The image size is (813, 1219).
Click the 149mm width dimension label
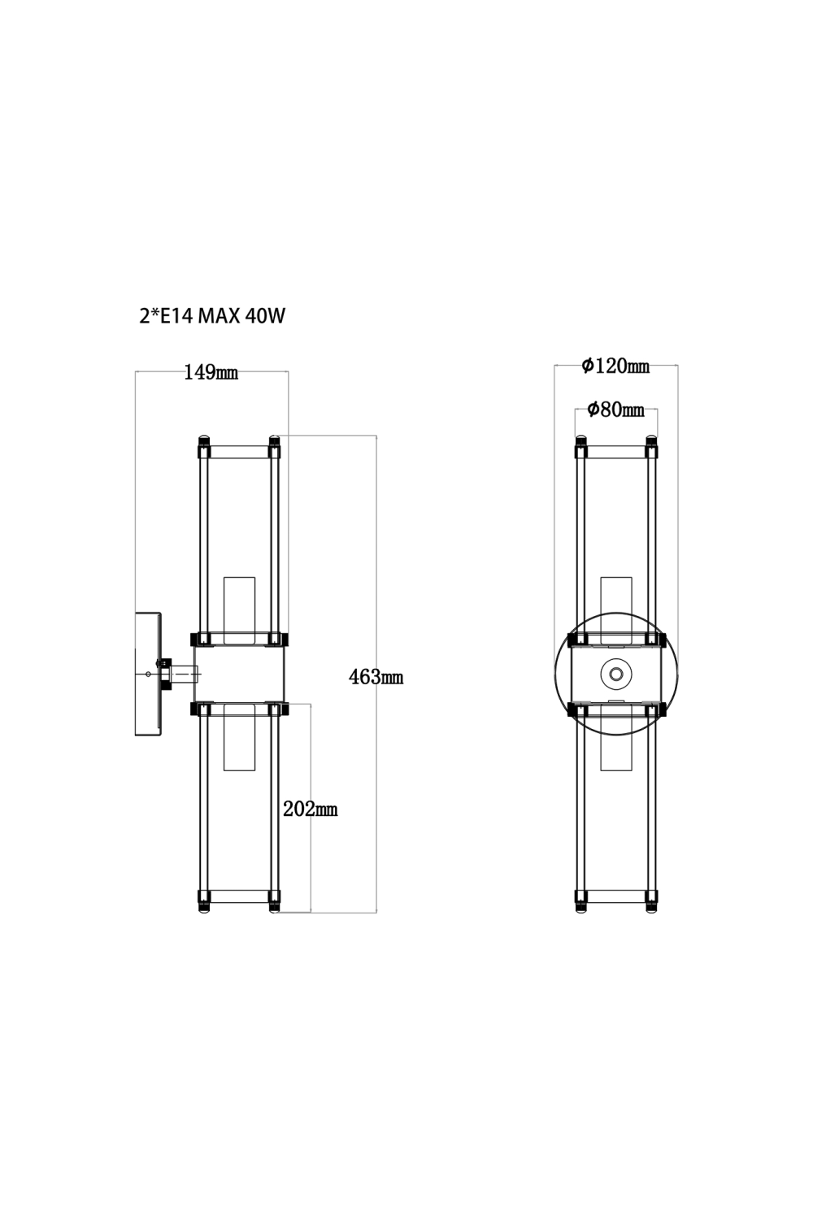pos(211,373)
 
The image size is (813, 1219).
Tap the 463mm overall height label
pos(376,676)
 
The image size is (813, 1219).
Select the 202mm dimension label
pos(310,809)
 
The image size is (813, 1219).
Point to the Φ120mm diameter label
pos(615,367)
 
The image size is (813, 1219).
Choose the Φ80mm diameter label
pos(615,410)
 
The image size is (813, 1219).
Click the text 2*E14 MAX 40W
pos(212,316)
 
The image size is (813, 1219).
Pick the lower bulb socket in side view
pos(239,737)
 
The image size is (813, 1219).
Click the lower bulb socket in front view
pos(615,741)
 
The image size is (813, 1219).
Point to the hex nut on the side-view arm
pos(166,674)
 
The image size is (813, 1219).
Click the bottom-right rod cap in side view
pos(275,900)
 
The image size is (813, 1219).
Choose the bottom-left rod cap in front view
pos(580,900)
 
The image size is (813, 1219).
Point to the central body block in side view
pos(239,674)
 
